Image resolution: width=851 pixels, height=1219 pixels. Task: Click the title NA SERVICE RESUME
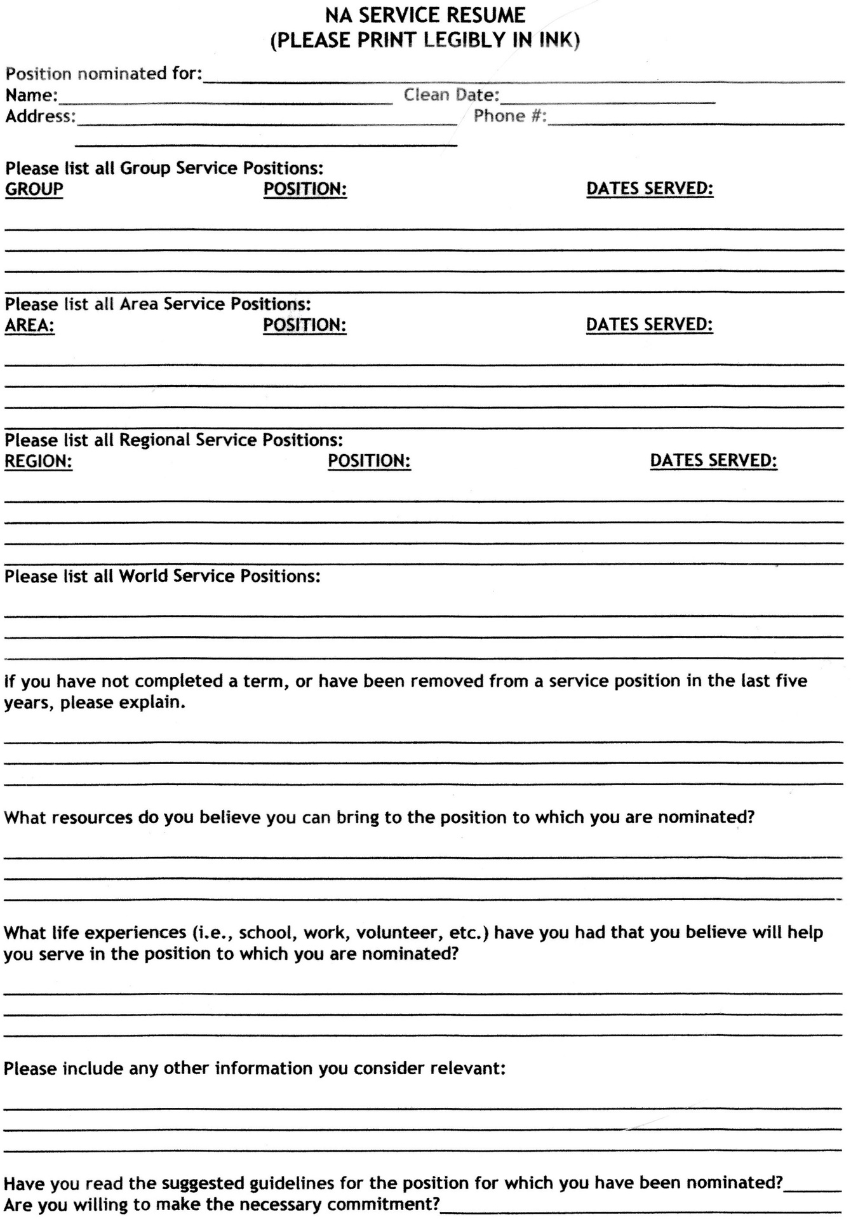tap(425, 15)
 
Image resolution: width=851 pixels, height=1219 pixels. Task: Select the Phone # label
tap(509, 116)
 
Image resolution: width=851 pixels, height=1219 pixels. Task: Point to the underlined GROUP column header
tap(34, 189)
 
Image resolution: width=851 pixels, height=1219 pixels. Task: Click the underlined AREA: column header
tap(30, 325)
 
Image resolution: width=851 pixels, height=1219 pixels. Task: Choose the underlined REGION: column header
tap(39, 461)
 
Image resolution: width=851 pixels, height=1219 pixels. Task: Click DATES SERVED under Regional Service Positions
tap(713, 461)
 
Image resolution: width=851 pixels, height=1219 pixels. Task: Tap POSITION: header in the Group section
tap(305, 189)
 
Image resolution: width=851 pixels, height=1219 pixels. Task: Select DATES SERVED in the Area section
tap(649, 325)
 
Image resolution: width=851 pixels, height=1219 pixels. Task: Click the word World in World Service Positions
tap(144, 576)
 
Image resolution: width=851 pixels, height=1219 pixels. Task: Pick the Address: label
tap(40, 117)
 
